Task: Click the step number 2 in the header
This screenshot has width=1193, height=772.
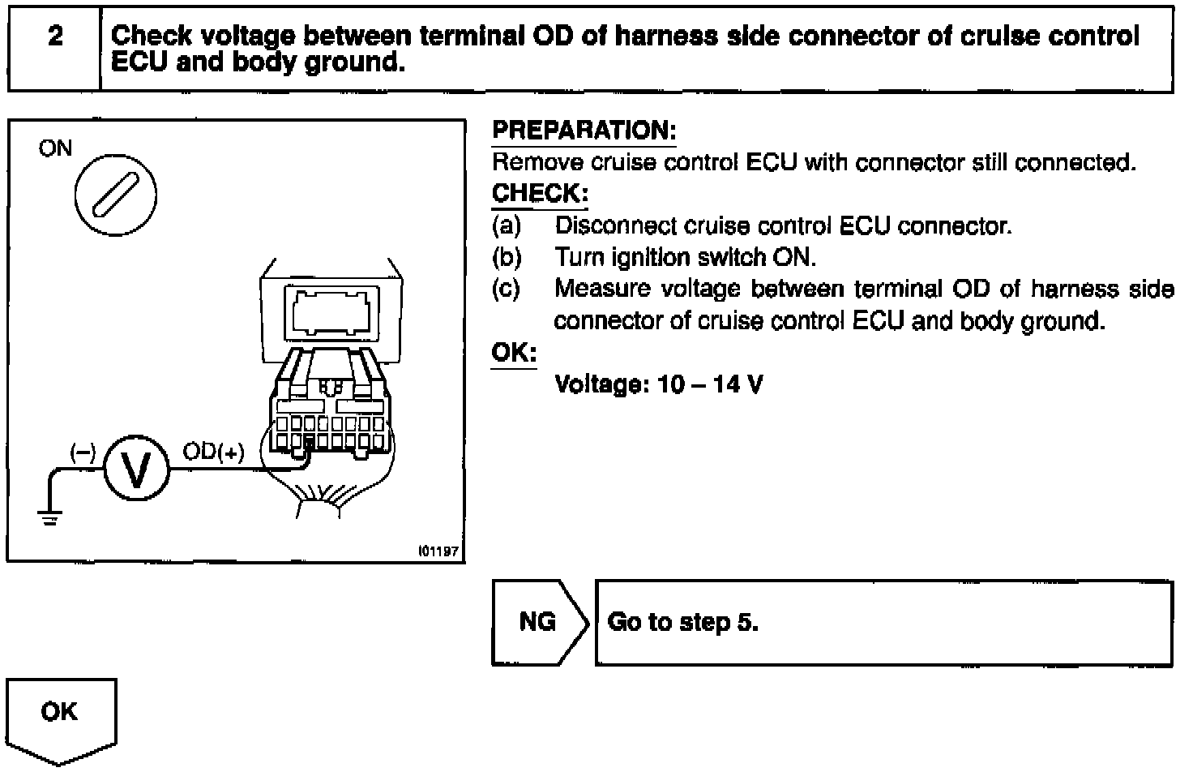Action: [x=55, y=36]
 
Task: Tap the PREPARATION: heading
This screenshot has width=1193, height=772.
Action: [x=584, y=131]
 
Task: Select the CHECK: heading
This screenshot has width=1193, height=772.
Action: [x=539, y=195]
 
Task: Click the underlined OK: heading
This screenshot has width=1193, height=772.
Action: [x=513, y=354]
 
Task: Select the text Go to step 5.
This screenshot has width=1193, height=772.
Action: [x=682, y=623]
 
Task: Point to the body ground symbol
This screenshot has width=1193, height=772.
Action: [x=50, y=518]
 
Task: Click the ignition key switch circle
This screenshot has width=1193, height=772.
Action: [x=115, y=196]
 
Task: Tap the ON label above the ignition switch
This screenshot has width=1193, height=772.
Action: [x=55, y=148]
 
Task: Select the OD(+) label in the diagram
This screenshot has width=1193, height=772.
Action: [x=212, y=452]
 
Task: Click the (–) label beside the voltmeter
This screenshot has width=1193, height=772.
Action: [x=83, y=452]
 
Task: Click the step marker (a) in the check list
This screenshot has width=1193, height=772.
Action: [x=507, y=225]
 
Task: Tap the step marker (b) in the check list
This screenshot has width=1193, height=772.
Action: [x=507, y=258]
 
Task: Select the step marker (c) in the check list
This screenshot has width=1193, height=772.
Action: [x=507, y=289]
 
